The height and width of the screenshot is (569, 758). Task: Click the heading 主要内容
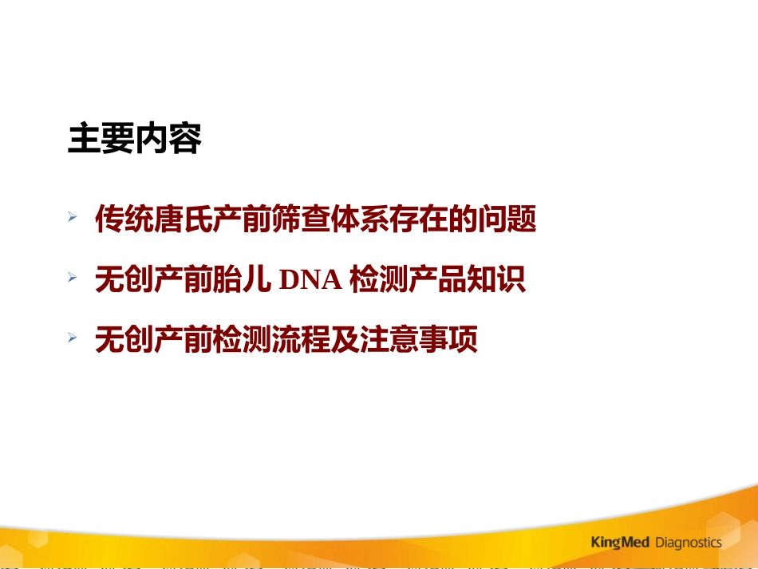134,140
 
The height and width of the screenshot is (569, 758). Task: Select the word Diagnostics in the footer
688,543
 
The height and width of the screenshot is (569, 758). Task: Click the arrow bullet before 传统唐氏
73,217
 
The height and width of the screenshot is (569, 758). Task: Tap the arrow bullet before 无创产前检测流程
73,339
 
